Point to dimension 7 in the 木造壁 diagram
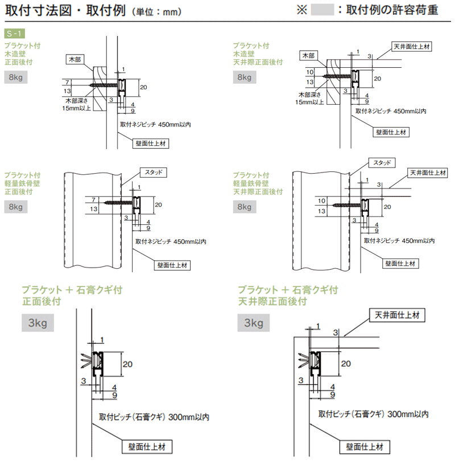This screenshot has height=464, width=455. click(67, 82)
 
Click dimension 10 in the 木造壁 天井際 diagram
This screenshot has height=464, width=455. click(309, 72)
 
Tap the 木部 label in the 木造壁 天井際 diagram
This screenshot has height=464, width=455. click(308, 55)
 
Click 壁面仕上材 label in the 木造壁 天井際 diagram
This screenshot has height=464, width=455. click(392, 132)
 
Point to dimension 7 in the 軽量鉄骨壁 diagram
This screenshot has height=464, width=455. click(93, 200)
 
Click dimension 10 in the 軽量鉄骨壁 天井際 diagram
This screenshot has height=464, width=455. click(321, 200)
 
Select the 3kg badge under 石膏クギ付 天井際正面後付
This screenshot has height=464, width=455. click(254, 323)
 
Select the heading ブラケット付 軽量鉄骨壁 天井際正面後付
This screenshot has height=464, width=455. click(257, 183)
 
